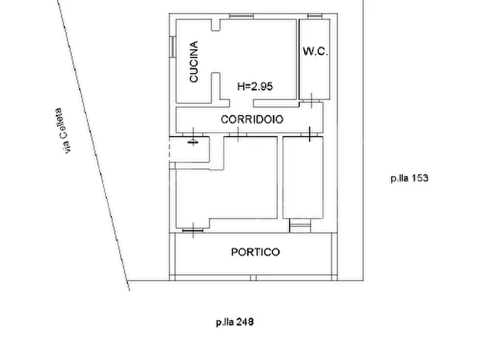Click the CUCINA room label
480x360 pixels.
(x=194, y=62)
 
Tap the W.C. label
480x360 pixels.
(x=316, y=51)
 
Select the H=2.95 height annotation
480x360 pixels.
(x=255, y=87)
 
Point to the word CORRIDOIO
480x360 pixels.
(x=252, y=119)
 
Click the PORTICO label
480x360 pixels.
(x=255, y=252)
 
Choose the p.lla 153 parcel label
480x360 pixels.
(x=409, y=178)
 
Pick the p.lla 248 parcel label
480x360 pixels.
(x=235, y=322)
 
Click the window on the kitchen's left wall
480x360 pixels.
(x=173, y=47)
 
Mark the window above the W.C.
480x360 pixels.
(x=314, y=16)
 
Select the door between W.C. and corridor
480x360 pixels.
(x=311, y=100)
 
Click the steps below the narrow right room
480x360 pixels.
(x=300, y=225)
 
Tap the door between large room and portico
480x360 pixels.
(x=193, y=230)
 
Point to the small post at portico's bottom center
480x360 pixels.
(x=253, y=278)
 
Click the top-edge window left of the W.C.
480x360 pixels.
(x=241, y=16)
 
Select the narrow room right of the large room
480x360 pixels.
(x=303, y=177)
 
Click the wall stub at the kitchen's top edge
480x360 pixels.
(x=216, y=25)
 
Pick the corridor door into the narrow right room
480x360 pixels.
(x=310, y=134)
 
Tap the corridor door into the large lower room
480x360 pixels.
(x=238, y=134)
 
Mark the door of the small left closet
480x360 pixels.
(x=193, y=136)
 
